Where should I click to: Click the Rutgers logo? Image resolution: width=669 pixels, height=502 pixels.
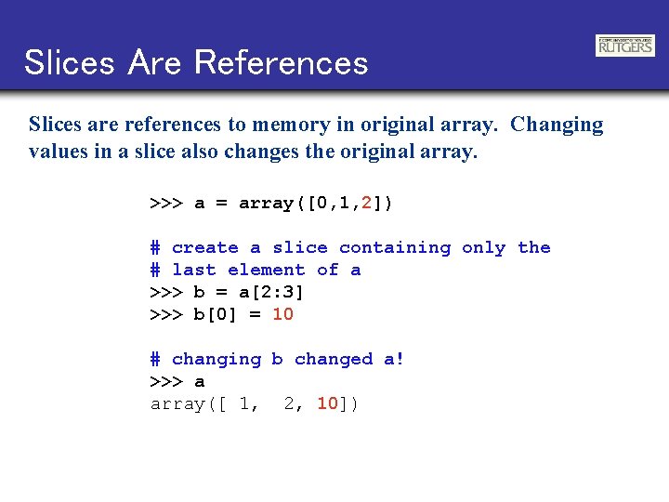click(625, 46)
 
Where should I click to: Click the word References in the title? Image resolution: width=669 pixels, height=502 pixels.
click(282, 62)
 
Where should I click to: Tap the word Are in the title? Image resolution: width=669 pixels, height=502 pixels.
click(157, 62)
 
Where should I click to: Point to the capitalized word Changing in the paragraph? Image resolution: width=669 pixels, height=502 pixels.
click(557, 125)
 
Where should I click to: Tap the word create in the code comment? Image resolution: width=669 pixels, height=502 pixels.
click(205, 247)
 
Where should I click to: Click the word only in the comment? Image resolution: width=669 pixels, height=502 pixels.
click(484, 247)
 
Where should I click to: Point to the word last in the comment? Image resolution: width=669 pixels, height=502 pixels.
click(194, 270)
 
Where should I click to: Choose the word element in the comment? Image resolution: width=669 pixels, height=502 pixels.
click(267, 270)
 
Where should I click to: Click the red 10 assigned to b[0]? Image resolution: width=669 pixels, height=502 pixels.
click(282, 314)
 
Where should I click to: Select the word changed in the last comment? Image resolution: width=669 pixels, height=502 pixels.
click(334, 359)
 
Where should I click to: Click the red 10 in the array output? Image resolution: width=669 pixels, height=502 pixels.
click(327, 403)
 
